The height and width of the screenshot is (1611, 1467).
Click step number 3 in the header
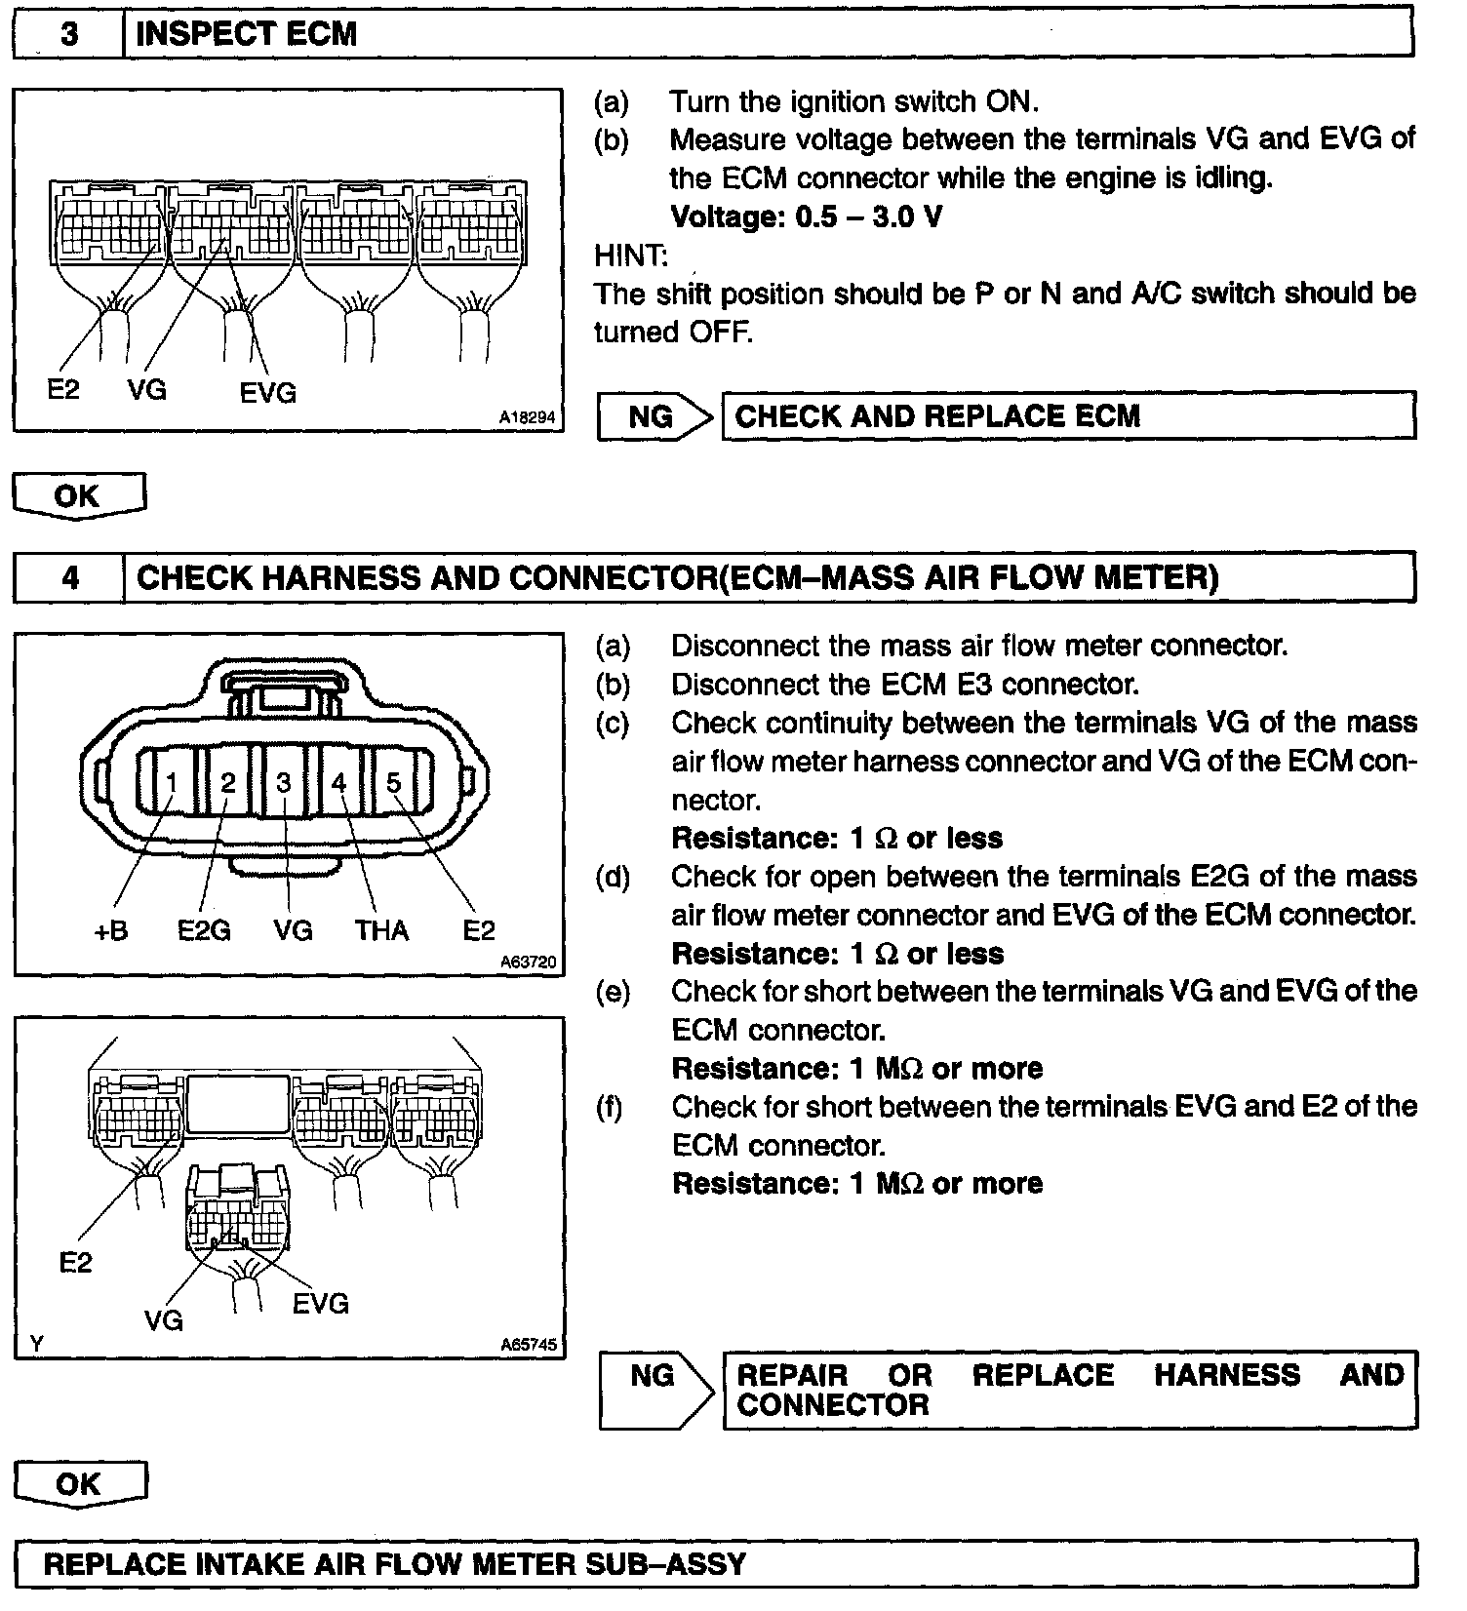coord(69,34)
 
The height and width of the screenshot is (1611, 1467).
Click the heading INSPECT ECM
coord(246,34)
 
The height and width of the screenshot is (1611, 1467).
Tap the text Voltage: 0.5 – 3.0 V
coord(807,216)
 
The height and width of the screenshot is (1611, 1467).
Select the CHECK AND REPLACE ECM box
coord(1067,416)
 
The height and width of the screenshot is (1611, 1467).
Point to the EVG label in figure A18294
coord(267,393)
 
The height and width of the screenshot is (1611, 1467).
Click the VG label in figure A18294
coord(147,390)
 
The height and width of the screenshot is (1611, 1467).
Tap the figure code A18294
coord(527,417)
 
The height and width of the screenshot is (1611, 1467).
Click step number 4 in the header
coord(70,578)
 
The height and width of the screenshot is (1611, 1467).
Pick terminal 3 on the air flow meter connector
coord(284,782)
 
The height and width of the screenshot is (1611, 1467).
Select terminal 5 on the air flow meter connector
coord(393,782)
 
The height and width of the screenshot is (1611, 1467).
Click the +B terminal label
coord(111,931)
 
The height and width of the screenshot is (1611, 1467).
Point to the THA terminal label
coord(381,931)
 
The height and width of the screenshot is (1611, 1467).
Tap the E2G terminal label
coord(204,931)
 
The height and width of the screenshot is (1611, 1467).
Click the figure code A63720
coord(528,963)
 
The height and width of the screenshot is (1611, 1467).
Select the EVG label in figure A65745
coord(320,1303)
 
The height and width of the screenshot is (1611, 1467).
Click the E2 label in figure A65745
coord(75,1263)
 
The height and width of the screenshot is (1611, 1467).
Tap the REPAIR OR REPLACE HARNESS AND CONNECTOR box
coord(1069,1390)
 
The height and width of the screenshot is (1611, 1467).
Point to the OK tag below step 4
coord(79,1484)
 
